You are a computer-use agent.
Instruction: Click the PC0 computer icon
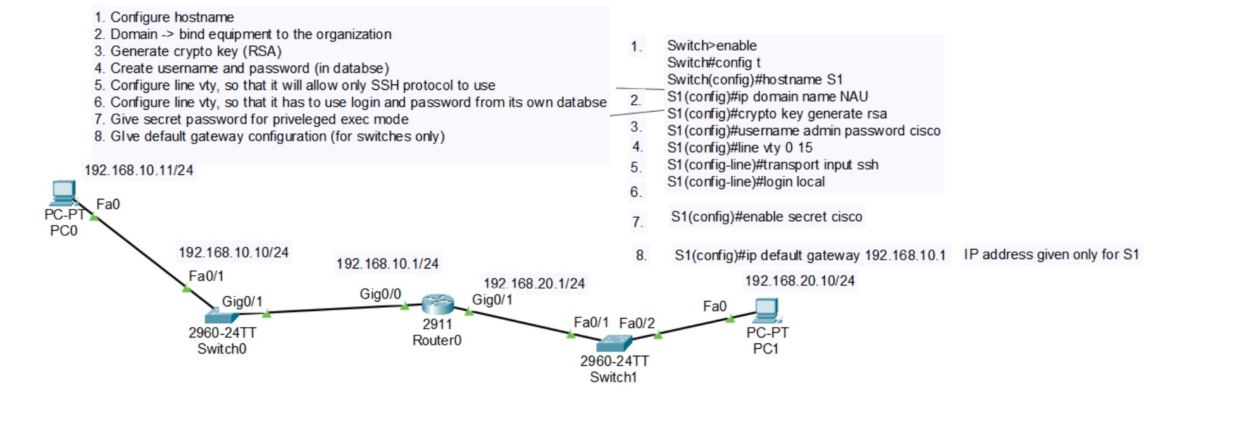(64, 193)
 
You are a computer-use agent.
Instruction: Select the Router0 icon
(437, 304)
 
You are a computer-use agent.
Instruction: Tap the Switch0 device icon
(222, 316)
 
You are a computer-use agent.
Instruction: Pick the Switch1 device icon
(614, 343)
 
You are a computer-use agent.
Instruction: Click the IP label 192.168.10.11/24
(139, 170)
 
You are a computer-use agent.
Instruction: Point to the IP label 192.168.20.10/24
(800, 281)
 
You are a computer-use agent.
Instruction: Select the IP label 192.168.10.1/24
(387, 264)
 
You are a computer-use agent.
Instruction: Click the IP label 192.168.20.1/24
(534, 283)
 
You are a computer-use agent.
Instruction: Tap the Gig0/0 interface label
(380, 294)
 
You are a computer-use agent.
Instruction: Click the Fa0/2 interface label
(637, 323)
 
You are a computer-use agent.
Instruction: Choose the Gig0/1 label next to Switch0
(242, 302)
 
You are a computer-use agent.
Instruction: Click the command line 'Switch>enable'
(712, 46)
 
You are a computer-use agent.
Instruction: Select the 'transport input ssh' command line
(773, 165)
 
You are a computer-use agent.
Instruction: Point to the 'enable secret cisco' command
(767, 217)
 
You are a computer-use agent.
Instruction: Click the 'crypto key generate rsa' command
(777, 114)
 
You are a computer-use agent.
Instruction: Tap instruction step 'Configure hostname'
(172, 18)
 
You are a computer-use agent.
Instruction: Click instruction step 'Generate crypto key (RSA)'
(195, 51)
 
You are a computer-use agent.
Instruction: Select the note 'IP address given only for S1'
(1051, 255)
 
